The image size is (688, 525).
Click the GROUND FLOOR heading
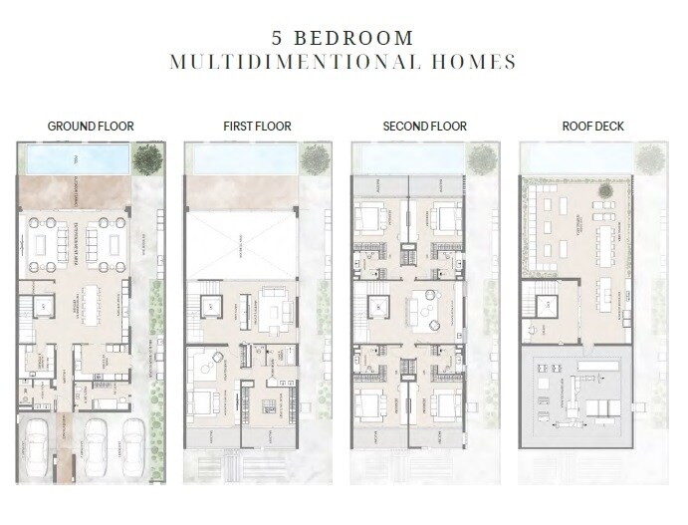pyautogui.click(x=91, y=127)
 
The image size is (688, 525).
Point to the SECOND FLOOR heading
pyautogui.click(x=424, y=127)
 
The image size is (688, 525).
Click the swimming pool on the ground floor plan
pyautogui.click(x=76, y=158)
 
